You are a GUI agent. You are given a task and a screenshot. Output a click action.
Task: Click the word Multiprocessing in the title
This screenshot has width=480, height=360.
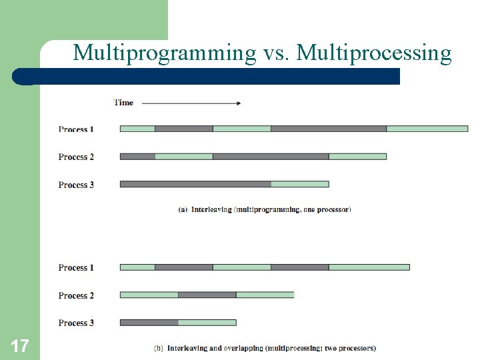coord(374,52)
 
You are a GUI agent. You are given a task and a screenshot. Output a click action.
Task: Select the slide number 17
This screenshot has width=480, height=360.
coord(19,345)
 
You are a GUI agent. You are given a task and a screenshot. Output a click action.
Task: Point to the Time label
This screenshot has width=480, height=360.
coord(123,103)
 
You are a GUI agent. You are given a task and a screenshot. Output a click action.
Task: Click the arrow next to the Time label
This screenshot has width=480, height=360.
coord(191,103)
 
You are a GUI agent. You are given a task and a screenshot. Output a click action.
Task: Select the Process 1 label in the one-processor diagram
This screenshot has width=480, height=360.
coord(76,129)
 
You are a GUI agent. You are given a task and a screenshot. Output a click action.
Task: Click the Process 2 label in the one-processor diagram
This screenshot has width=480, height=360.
coord(76,157)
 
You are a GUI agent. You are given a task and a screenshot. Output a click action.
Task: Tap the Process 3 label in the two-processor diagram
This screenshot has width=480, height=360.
coord(76,323)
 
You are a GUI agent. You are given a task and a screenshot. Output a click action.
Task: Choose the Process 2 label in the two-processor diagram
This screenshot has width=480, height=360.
coord(76,295)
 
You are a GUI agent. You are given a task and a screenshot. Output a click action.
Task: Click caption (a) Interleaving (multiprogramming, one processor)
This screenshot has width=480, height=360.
coord(265,209)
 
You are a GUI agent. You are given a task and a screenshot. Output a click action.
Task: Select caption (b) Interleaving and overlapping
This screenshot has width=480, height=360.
coord(265,348)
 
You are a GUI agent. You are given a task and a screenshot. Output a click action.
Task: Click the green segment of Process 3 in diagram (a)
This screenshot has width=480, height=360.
coord(300,184)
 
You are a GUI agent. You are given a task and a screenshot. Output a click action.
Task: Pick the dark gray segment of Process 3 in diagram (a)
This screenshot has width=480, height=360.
coord(195,184)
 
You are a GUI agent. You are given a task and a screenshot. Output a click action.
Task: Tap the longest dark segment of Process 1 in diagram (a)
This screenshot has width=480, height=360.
coord(329,129)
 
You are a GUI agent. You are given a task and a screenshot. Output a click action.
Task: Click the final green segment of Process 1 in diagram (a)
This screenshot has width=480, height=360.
coord(427,129)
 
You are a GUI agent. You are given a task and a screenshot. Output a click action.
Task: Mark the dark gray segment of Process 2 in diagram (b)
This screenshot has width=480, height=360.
coord(207,295)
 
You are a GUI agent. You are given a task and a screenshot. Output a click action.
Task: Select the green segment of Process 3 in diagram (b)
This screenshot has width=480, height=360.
coord(207,323)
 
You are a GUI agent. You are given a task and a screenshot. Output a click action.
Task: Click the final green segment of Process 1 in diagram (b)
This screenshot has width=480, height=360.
coord(369,267)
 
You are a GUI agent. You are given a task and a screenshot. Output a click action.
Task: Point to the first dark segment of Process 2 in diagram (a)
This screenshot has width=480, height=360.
coord(137,157)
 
